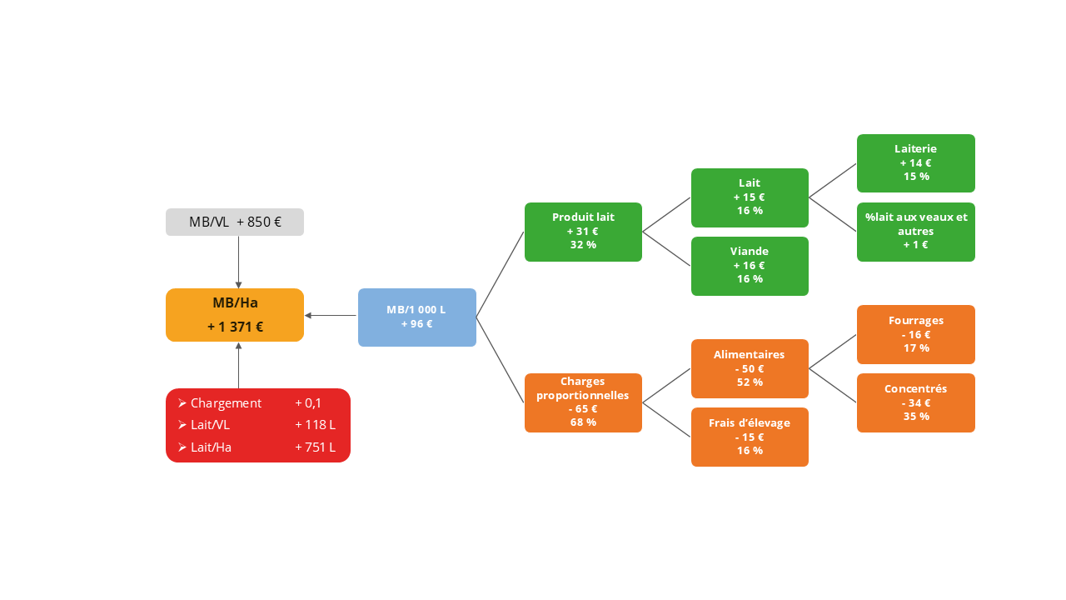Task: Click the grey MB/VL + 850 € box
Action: (235, 222)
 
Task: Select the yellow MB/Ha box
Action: (235, 315)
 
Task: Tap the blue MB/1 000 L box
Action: (416, 317)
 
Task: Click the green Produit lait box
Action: (583, 232)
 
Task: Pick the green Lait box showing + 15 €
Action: (750, 197)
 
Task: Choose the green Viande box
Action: (750, 266)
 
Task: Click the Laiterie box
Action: (915, 163)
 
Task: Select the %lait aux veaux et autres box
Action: (915, 232)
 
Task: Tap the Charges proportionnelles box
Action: (583, 402)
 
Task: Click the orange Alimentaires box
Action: (750, 368)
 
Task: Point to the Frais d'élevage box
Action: (750, 437)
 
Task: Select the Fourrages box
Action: (915, 334)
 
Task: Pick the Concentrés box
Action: (915, 402)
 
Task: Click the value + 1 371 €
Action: (235, 327)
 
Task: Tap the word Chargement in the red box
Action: (226, 403)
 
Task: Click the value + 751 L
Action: (315, 447)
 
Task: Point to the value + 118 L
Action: (315, 425)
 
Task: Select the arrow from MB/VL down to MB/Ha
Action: (238, 262)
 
